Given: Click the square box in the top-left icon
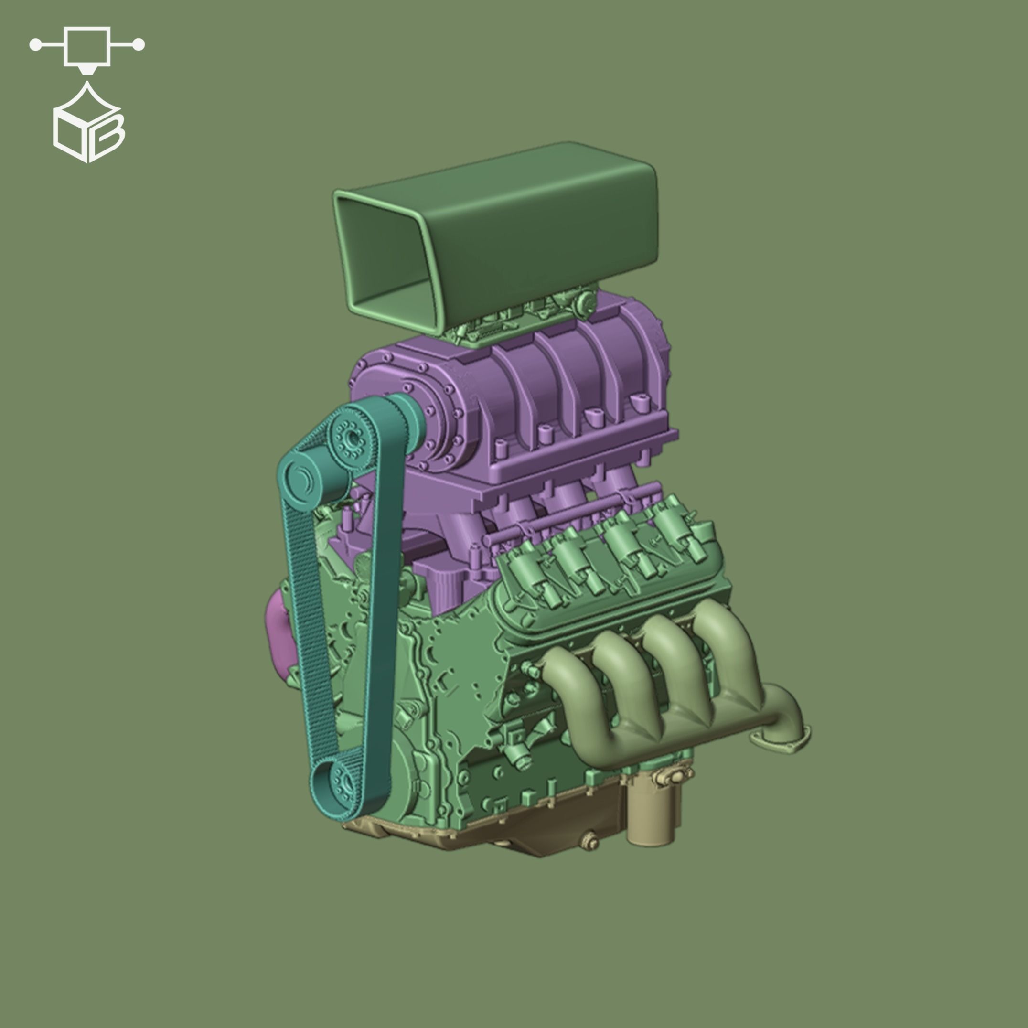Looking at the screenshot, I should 87,46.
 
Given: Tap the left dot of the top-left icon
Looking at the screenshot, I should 35,45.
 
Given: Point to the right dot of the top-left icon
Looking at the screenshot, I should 139,45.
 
